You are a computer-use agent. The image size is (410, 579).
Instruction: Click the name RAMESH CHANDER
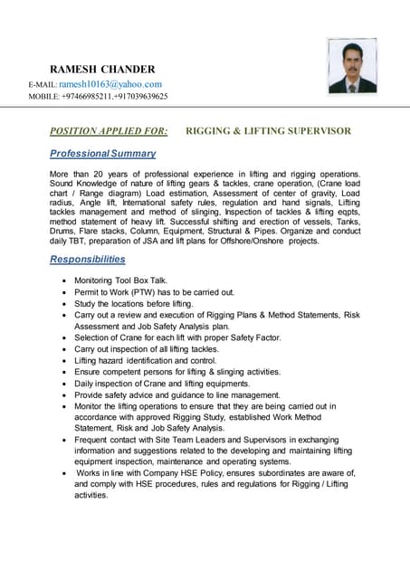pos(102,69)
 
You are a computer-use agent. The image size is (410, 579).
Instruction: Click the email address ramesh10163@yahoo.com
pos(110,84)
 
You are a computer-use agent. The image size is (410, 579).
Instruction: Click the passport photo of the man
pos(352,67)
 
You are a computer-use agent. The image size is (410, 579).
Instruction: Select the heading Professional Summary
pos(103,154)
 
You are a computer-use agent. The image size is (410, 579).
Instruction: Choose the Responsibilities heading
pos(88,260)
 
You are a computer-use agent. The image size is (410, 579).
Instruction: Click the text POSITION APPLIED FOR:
pos(109,130)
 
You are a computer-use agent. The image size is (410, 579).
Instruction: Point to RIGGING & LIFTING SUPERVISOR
pos(268,130)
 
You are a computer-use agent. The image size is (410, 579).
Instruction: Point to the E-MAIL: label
pos(43,85)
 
